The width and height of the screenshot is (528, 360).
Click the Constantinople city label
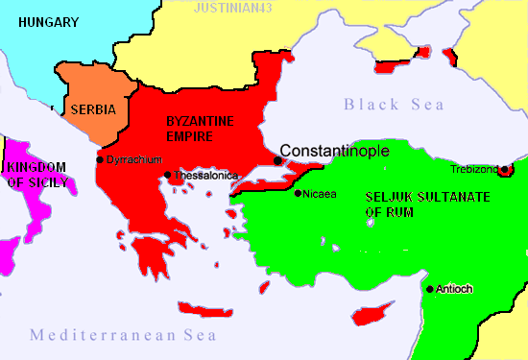333,151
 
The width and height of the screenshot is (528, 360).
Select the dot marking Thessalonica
168,176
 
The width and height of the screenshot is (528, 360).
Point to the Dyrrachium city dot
100,159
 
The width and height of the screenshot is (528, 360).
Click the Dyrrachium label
133,159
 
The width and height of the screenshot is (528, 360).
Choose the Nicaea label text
320,194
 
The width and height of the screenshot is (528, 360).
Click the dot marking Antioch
429,289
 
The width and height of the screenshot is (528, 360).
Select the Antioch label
454,289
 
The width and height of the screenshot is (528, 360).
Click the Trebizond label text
474,170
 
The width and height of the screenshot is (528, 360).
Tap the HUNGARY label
48,21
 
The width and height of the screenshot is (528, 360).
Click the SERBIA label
93,109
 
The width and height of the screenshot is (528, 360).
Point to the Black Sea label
389,105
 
